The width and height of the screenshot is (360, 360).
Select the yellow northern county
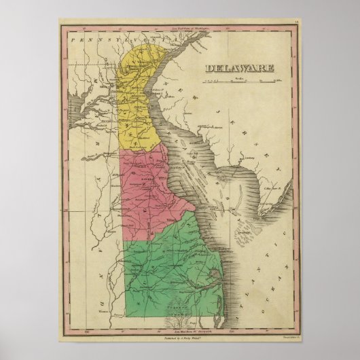(x=139, y=102)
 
